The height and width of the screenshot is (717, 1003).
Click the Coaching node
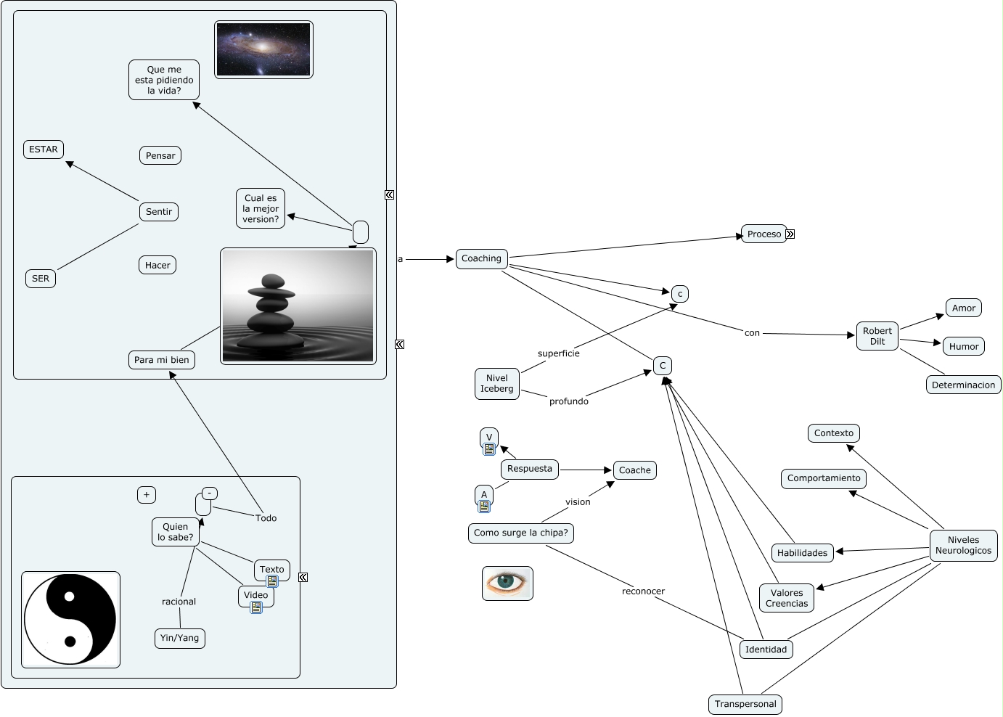tap(481, 259)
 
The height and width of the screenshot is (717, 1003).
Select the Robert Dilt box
tap(877, 336)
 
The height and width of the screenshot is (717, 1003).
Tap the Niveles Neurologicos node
tap(963, 546)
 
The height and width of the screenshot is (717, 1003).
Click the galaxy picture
tap(263, 49)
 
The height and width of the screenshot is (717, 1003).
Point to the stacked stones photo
tap(298, 306)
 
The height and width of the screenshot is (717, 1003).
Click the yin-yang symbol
tap(70, 619)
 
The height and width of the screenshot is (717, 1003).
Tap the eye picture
tap(507, 583)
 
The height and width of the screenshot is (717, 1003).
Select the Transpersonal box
tap(745, 704)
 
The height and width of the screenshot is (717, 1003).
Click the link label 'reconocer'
tap(643, 591)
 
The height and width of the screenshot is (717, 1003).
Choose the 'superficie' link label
tap(558, 353)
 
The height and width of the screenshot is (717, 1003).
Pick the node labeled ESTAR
tap(44, 149)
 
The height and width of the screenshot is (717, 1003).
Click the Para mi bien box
tap(161, 360)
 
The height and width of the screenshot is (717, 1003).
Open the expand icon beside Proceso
tap(790, 234)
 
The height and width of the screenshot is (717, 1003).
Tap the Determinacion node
tap(963, 385)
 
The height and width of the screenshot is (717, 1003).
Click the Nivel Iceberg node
tap(496, 383)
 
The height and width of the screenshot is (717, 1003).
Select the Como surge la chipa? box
tap(520, 533)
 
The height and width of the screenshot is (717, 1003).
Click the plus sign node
tap(147, 495)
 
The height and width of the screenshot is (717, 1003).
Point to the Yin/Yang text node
tap(179, 638)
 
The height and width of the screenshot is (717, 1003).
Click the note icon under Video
tap(256, 607)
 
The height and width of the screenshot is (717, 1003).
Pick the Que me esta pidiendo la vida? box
tap(164, 80)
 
